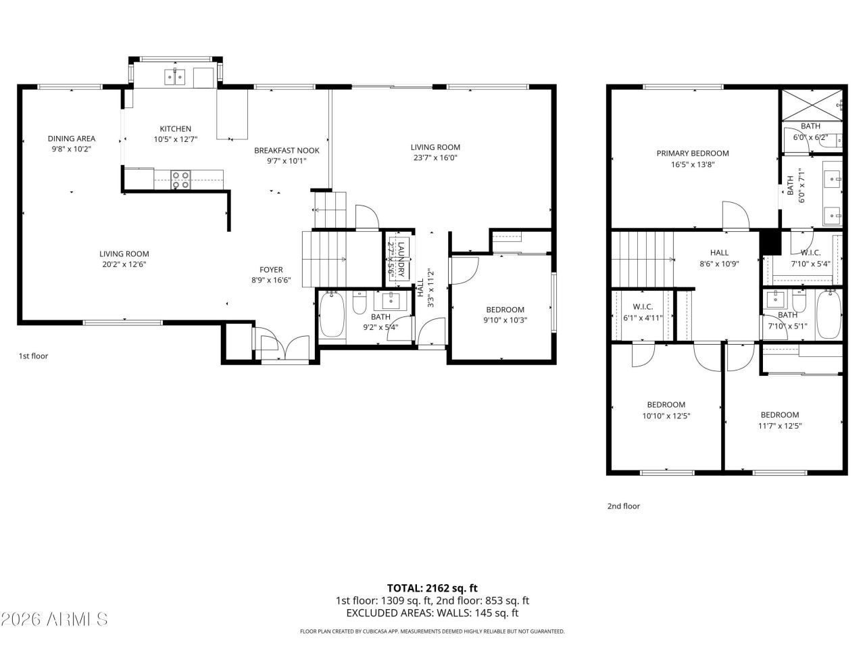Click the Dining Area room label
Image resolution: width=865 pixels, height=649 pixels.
[x=71, y=139]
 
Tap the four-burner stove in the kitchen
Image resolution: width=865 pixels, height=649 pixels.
[x=180, y=179]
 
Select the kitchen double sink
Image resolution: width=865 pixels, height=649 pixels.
[x=175, y=77]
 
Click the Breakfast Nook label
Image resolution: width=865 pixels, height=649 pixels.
[x=287, y=150]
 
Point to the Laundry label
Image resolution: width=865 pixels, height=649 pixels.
[x=401, y=258]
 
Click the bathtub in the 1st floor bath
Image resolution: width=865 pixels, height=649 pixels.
[x=331, y=315]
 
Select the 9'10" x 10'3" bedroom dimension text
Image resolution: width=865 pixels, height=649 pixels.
[x=505, y=320]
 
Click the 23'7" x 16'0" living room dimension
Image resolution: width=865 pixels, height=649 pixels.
[x=435, y=158]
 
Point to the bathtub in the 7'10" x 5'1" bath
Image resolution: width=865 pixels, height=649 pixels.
[x=829, y=315]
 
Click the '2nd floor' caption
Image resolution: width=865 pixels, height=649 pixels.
[x=623, y=506]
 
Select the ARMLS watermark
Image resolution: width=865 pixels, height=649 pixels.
[x=54, y=619]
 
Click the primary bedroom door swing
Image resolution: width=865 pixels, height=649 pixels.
[x=735, y=214]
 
